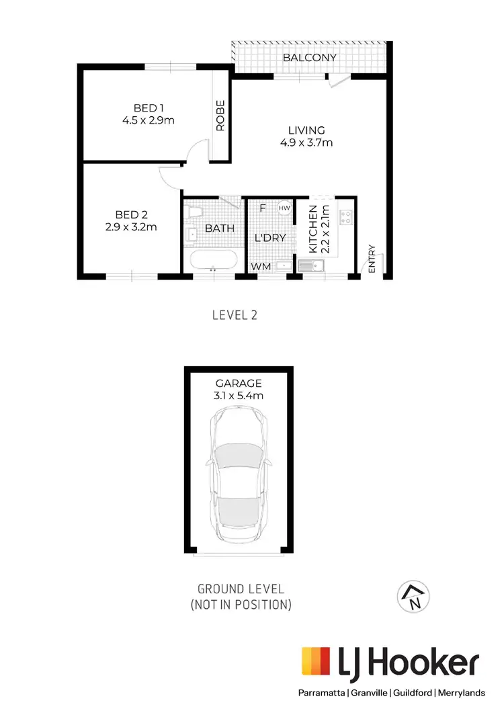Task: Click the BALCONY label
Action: [309, 58]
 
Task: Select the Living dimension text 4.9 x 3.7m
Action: [306, 142]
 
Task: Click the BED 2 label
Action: [131, 215]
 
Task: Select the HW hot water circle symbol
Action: [285, 208]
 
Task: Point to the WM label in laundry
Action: [261, 267]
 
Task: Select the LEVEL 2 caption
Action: [235, 314]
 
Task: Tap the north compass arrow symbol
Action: [415, 595]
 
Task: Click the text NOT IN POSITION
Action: [242, 605]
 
